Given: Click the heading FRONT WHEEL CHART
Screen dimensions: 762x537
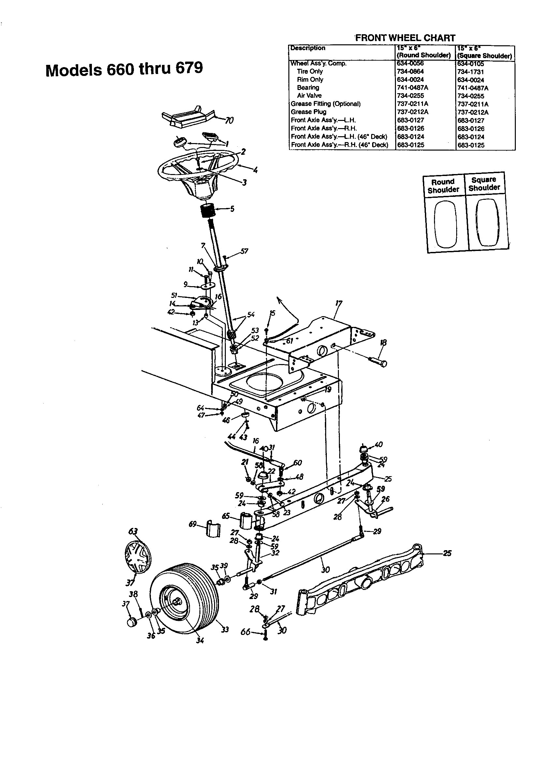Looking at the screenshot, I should click(x=405, y=38).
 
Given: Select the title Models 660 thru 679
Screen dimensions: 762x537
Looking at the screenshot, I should click(x=124, y=69).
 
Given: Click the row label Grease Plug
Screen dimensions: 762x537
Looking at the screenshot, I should click(x=308, y=112).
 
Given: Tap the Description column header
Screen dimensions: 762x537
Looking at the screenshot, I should click(x=308, y=48).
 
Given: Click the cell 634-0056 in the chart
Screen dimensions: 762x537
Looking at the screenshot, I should click(x=410, y=63).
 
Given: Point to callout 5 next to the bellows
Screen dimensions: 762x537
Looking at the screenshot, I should click(x=232, y=210).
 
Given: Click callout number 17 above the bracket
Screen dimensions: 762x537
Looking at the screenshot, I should click(x=339, y=303).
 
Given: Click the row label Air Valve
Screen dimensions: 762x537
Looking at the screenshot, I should click(x=309, y=95).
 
